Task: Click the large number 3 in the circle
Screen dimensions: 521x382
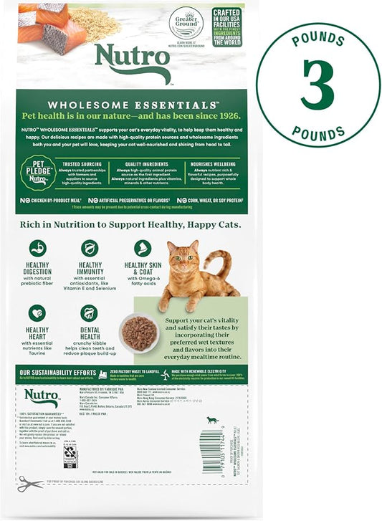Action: click(317, 85)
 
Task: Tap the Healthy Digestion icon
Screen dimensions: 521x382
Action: click(37, 248)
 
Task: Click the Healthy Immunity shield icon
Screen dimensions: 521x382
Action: click(90, 248)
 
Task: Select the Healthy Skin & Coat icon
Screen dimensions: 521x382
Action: click(143, 248)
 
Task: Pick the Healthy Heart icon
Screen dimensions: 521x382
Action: click(37, 313)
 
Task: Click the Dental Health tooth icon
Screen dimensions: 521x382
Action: click(89, 313)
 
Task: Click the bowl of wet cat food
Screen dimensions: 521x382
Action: click(139, 333)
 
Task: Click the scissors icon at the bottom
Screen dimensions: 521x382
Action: click(30, 484)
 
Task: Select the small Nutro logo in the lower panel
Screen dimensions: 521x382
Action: click(42, 397)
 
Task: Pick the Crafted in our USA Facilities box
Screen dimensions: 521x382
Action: click(226, 27)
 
